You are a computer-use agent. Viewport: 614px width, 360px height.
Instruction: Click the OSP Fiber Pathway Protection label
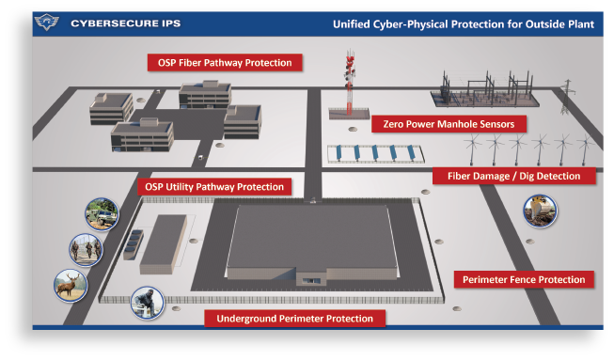pos(225,63)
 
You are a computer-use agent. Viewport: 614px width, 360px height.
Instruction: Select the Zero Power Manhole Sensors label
pos(448,123)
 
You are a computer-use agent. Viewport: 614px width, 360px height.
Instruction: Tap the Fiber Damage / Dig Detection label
pos(513,176)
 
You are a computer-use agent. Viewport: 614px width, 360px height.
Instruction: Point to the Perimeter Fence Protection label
pos(524,279)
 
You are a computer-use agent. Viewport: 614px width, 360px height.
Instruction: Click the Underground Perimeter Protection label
pos(294,319)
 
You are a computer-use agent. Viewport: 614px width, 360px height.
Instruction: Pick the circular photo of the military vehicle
pos(100,215)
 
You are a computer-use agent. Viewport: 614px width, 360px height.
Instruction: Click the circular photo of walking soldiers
pos(85,250)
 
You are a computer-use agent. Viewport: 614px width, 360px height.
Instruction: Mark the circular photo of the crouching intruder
pos(148,302)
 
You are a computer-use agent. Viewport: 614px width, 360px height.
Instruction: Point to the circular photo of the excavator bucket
pos(540,211)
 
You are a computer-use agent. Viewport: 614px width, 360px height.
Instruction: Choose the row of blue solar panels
pos(375,153)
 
